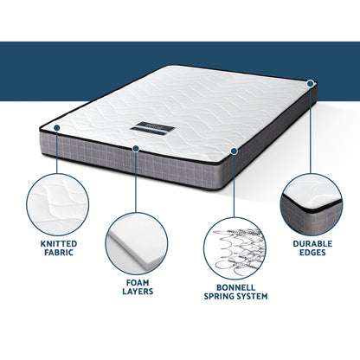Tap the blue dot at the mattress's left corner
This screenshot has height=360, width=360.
pyautogui.click(x=55, y=127)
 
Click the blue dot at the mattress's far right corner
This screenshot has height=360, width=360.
pyautogui.click(x=310, y=84)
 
